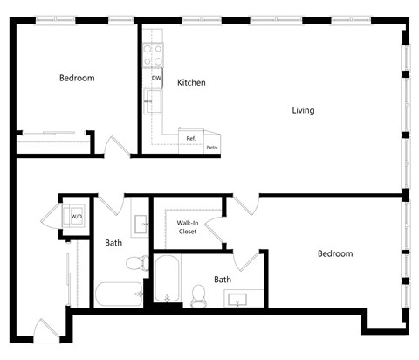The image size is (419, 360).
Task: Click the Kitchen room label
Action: (191, 83)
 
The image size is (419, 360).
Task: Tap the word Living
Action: (303, 111)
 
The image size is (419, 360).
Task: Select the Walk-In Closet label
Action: (187, 227)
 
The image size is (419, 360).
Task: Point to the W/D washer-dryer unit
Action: (76, 216)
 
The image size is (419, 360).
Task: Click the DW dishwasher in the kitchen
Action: (155, 79)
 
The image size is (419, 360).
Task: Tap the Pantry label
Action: (211, 147)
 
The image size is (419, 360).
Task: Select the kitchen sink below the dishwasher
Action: (154, 102)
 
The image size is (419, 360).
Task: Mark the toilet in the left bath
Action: (136, 262)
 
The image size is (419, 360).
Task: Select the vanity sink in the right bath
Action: (237, 300)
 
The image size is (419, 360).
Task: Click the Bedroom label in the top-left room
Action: (77, 79)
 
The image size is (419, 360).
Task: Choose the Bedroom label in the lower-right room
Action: (334, 254)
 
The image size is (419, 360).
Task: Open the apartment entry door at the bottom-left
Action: (47, 332)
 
